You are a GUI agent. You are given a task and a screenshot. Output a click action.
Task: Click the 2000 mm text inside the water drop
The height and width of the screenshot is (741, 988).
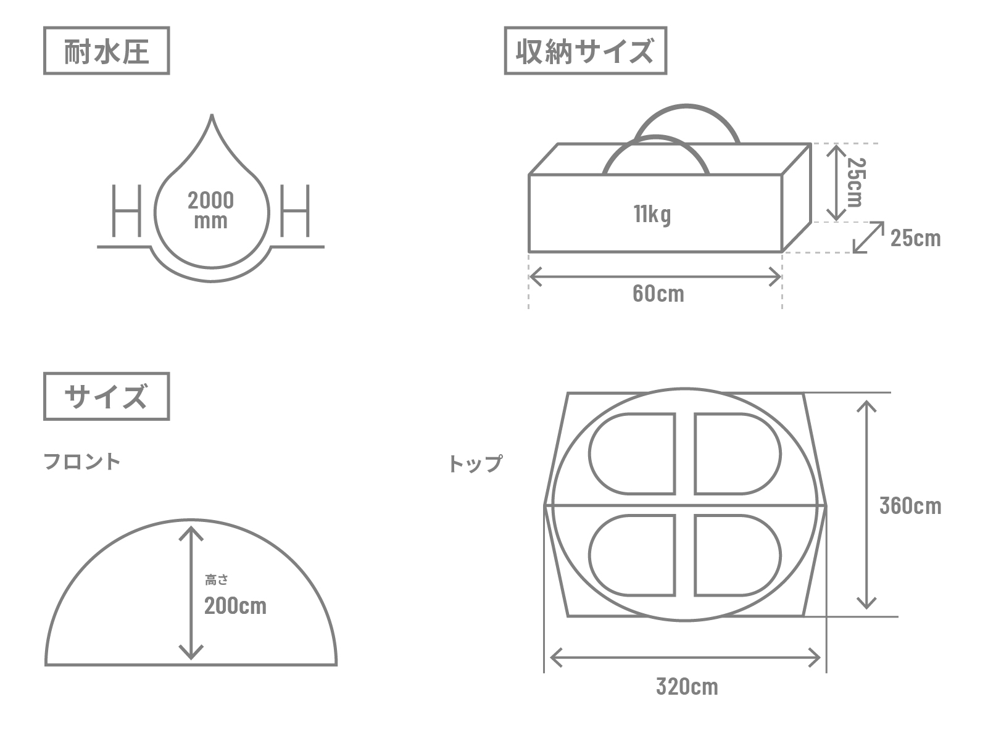coord(210,210)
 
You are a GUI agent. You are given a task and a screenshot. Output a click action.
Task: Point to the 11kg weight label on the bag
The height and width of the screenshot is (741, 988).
coord(652,214)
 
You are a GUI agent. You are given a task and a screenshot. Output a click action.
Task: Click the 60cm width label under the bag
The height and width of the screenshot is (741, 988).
coord(658,293)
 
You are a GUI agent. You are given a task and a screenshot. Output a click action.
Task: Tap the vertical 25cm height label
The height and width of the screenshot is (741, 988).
coord(856,182)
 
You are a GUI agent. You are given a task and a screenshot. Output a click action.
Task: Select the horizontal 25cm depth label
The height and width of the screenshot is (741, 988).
coord(916,238)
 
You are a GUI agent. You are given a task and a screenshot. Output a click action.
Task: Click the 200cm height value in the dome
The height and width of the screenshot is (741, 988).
coord(235,606)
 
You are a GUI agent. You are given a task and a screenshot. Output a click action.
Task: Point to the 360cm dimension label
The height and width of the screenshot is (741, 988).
coord(910,506)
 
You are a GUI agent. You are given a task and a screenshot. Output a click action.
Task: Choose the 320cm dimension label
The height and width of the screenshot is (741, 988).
coord(687,687)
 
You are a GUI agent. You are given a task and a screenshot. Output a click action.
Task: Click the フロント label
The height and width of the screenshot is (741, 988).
coord(82,462)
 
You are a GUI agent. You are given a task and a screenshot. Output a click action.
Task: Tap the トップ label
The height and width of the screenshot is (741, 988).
coord(475,463)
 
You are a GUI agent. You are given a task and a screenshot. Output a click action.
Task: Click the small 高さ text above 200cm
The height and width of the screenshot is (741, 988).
coord(217,580)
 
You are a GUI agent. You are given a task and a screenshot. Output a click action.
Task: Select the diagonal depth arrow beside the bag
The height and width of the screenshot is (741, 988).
coord(868,237)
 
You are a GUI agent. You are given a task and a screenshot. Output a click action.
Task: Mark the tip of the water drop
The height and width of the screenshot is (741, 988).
coord(212,115)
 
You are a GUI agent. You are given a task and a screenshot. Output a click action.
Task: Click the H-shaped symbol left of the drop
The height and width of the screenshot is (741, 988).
coord(127,210)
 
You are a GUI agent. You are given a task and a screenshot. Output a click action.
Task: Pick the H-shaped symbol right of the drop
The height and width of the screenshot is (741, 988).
coord(295,210)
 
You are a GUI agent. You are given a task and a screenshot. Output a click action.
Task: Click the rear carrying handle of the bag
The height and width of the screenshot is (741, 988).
coord(686,106)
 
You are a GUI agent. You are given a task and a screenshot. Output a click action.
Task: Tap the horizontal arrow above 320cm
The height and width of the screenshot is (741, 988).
coord(685,658)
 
